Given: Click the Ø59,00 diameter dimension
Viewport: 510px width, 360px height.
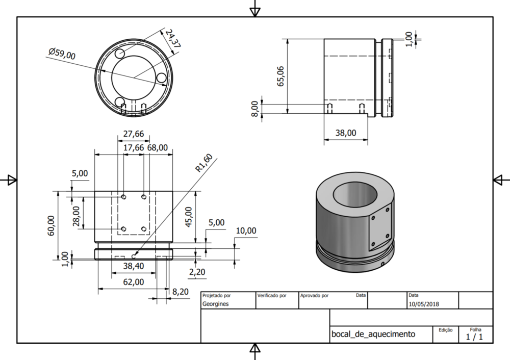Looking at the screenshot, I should (62, 53).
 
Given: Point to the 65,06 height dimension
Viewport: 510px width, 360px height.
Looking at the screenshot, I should (281, 75).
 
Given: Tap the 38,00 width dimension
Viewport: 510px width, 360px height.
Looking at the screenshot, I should (345, 133).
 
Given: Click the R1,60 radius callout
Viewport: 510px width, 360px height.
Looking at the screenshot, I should (204, 164).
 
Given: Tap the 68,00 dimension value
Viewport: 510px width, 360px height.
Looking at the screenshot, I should (157, 147).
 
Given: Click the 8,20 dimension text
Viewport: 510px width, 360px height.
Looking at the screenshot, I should (181, 292).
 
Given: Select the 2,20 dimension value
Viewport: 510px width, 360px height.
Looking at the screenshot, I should (197, 272).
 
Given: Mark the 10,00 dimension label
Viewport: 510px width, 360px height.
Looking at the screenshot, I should (246, 231).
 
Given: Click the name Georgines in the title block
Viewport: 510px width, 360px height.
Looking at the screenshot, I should (216, 304).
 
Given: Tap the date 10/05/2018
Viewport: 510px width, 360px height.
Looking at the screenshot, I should (424, 304).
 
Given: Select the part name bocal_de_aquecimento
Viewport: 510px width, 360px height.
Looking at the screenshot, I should (373, 335).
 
